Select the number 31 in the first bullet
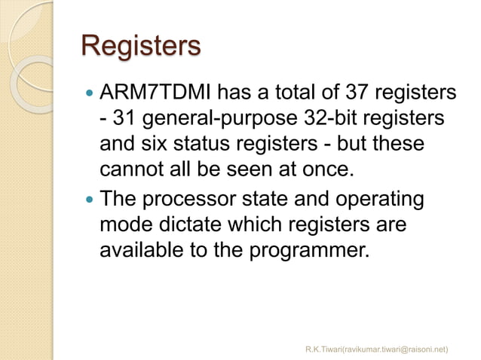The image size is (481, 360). tap(125, 119)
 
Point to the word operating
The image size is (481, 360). tap(375, 201)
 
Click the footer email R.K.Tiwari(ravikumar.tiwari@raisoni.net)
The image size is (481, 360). tap(376, 349)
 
